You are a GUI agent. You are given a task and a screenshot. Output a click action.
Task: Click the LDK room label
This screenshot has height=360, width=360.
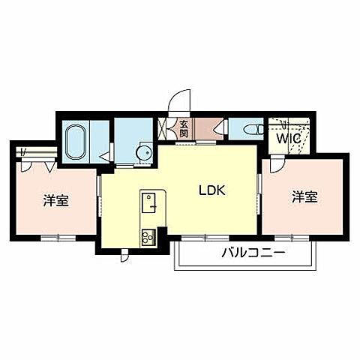212,190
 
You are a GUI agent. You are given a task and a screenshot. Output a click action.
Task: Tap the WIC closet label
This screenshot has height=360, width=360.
288,139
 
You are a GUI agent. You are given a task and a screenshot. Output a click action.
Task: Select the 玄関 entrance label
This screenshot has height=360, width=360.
184,129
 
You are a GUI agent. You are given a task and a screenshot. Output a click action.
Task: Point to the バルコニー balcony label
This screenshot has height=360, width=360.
253,253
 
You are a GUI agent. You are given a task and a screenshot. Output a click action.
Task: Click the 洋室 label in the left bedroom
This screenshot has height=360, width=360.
56,200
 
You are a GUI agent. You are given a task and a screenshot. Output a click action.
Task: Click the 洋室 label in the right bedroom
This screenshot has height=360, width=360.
305,196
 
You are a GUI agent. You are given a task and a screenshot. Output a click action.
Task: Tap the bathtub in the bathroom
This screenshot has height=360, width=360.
76,142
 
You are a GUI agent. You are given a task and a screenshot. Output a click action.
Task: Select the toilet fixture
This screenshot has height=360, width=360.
254,130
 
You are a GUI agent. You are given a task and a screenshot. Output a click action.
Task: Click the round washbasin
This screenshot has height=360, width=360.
145,152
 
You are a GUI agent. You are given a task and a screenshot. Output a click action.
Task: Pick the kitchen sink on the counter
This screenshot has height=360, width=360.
148,203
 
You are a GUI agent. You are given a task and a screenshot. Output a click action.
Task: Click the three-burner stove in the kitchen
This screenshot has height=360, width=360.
148,237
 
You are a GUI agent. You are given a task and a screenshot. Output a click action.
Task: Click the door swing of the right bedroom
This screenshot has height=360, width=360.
277,163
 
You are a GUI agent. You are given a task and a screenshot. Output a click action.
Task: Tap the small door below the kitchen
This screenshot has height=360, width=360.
124,256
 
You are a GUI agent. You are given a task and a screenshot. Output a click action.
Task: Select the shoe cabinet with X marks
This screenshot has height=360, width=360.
163,129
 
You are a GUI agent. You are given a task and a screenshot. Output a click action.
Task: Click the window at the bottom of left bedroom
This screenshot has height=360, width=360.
58,238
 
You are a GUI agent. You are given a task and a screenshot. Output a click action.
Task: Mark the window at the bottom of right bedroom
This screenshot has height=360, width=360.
292,238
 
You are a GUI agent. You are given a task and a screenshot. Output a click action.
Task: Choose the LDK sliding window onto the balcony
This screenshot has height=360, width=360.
205,238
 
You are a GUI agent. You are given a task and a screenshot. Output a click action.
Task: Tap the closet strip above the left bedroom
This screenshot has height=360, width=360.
37,151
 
